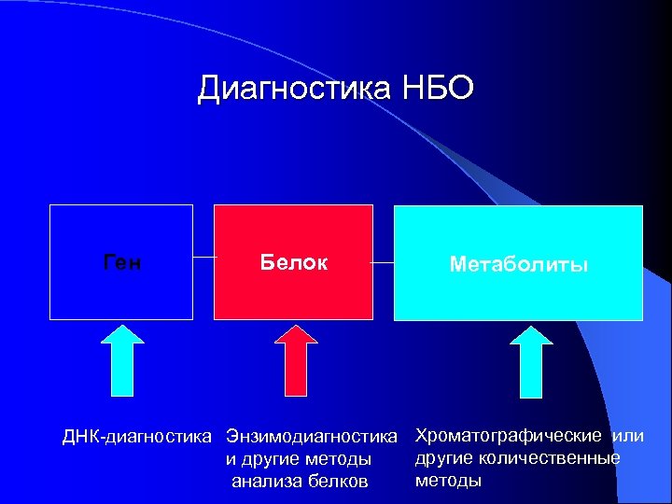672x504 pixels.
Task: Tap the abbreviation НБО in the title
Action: pyautogui.click(x=439, y=90)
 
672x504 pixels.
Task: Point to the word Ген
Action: pyautogui.click(x=121, y=264)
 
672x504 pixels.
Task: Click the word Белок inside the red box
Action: pyautogui.click(x=293, y=263)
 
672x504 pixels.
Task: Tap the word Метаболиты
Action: pyautogui.click(x=518, y=265)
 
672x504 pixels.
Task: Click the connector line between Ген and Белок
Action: pyautogui.click(x=203, y=256)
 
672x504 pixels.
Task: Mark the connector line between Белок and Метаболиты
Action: pyautogui.click(x=383, y=263)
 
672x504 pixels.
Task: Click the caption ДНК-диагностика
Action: pyautogui.click(x=137, y=437)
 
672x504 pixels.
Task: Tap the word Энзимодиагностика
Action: pyautogui.click(x=312, y=437)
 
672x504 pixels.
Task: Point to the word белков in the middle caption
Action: pyautogui.click(x=335, y=482)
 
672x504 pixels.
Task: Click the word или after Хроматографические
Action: pyautogui.click(x=627, y=436)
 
